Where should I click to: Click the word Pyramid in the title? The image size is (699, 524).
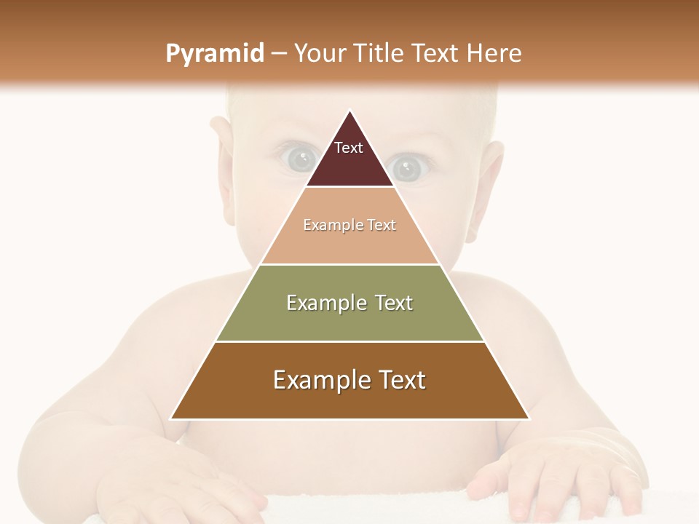[x=215, y=54]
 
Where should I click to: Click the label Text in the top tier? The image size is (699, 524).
[x=349, y=148]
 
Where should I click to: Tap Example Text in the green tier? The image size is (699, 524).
[x=349, y=303]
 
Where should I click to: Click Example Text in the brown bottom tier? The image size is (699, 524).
[x=349, y=380]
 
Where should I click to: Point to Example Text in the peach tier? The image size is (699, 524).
[x=349, y=225]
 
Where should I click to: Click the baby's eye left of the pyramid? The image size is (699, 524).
[x=299, y=159]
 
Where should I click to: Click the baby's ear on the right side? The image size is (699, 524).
[x=486, y=189]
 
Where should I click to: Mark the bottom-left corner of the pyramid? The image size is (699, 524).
[x=171, y=418]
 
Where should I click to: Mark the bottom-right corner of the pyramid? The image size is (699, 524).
[x=529, y=418]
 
